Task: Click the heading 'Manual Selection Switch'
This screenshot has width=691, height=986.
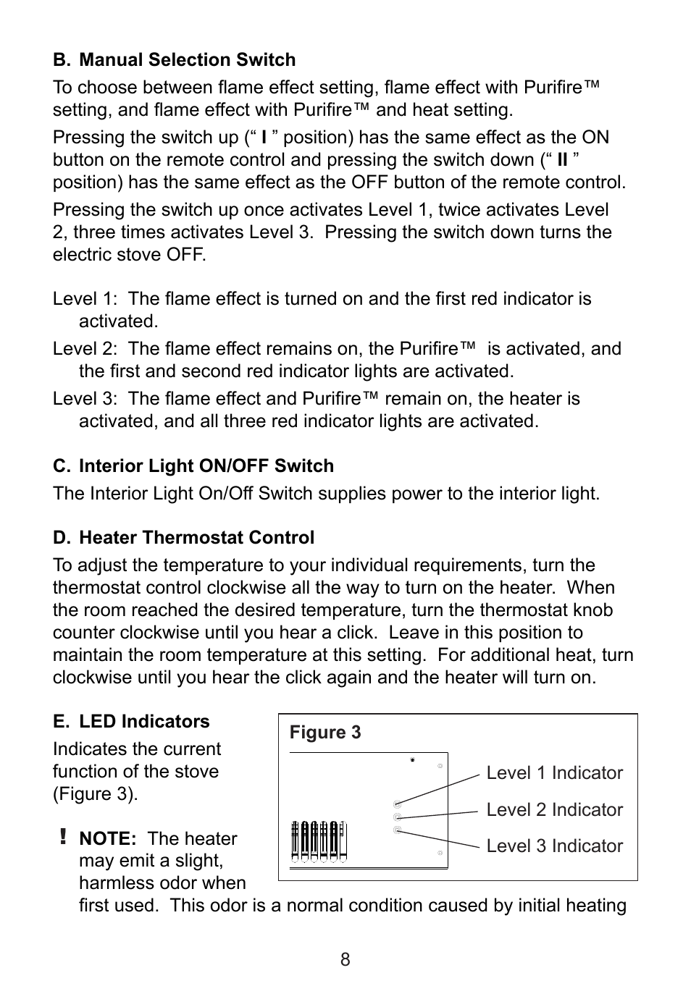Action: tap(187, 60)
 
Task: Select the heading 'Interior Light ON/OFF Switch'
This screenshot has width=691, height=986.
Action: tap(206, 466)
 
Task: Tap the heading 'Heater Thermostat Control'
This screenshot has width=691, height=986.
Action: tap(196, 538)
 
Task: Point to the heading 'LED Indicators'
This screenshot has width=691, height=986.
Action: tap(144, 722)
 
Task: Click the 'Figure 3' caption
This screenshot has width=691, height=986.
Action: tap(325, 733)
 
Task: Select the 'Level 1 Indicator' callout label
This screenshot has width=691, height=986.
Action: tap(554, 773)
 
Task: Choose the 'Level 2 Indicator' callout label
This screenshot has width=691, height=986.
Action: tap(554, 810)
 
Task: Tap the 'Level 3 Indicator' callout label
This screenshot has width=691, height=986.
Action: tap(554, 846)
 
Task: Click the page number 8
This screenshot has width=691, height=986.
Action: tap(345, 960)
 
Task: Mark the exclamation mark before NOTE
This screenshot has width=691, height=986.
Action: tap(64, 838)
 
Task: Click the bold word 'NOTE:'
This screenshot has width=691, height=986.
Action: tap(108, 839)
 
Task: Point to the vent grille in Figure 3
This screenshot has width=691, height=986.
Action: tap(318, 841)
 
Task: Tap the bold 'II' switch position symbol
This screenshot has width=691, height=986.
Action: tap(562, 160)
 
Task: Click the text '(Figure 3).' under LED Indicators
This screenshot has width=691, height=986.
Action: tap(95, 794)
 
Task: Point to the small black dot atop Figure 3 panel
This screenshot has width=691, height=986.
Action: tap(413, 760)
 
